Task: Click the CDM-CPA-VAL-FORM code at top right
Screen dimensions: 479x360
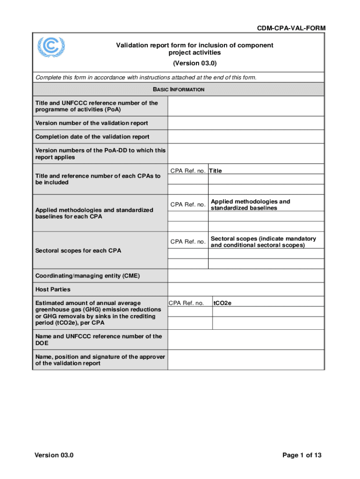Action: point(291,29)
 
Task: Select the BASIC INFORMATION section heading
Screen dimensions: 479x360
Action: point(179,89)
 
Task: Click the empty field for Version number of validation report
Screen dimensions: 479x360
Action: point(245,123)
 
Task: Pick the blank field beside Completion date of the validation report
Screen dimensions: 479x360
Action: point(245,137)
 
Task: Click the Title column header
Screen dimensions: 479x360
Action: point(216,171)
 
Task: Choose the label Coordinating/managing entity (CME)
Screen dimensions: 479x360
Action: point(87,276)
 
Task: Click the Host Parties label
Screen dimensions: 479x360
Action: point(53,290)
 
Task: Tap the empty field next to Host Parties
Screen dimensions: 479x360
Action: point(245,290)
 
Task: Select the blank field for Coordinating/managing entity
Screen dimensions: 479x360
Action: point(245,276)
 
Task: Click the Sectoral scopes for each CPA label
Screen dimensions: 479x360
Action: point(78,251)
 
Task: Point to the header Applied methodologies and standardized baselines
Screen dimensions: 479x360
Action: point(250,205)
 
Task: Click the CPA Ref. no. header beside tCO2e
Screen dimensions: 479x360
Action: point(187,303)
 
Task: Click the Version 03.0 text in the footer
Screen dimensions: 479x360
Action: point(54,456)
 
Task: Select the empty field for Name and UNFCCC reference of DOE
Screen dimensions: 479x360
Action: point(245,340)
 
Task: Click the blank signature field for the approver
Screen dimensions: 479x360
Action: point(245,360)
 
